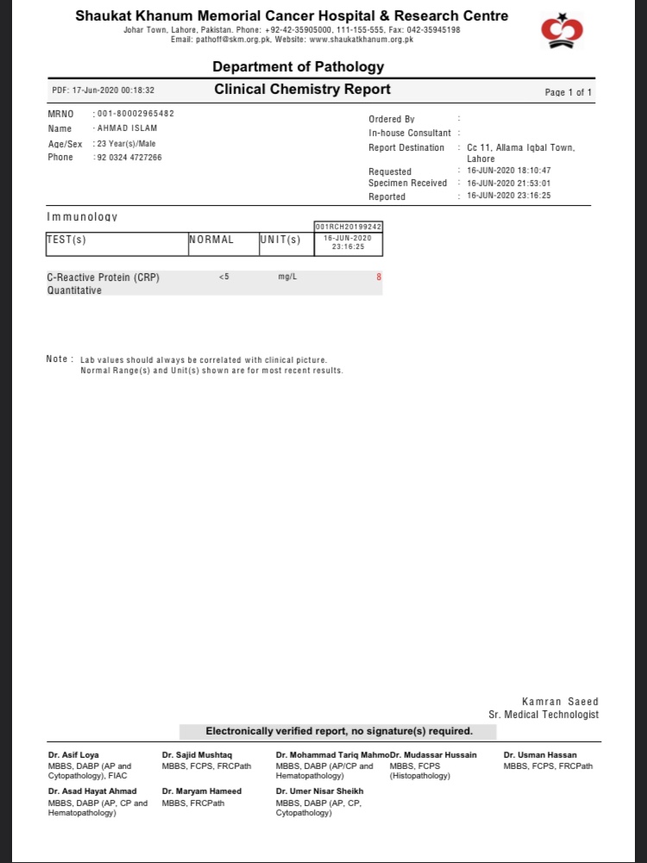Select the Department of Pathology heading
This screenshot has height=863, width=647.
tap(298, 67)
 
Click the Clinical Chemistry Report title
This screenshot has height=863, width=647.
tap(302, 90)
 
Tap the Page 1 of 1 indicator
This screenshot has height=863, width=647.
tap(568, 92)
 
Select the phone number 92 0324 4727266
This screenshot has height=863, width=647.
tap(129, 158)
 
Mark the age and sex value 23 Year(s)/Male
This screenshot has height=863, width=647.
tap(126, 144)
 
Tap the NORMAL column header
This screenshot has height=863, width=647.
tap(211, 240)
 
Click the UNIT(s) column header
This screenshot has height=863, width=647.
tap(280, 240)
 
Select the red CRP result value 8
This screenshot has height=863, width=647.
tap(378, 278)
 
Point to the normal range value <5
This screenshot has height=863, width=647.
tap(223, 278)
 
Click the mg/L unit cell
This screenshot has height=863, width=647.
tap(287, 278)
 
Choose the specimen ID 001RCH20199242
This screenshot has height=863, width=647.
tap(349, 227)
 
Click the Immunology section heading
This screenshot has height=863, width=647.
tap(82, 216)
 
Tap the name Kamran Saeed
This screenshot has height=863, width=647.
tap(560, 702)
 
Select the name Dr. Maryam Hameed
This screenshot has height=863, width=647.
tap(202, 791)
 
